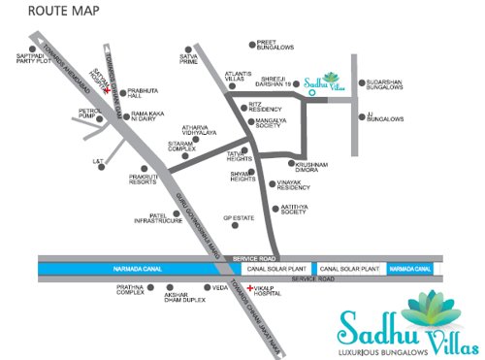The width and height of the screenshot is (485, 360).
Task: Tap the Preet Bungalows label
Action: [x=275, y=46]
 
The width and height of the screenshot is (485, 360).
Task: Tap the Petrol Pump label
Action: [x=89, y=115]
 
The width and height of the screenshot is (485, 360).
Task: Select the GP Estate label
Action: [x=238, y=218]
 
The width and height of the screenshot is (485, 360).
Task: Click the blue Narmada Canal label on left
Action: [x=70, y=268]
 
